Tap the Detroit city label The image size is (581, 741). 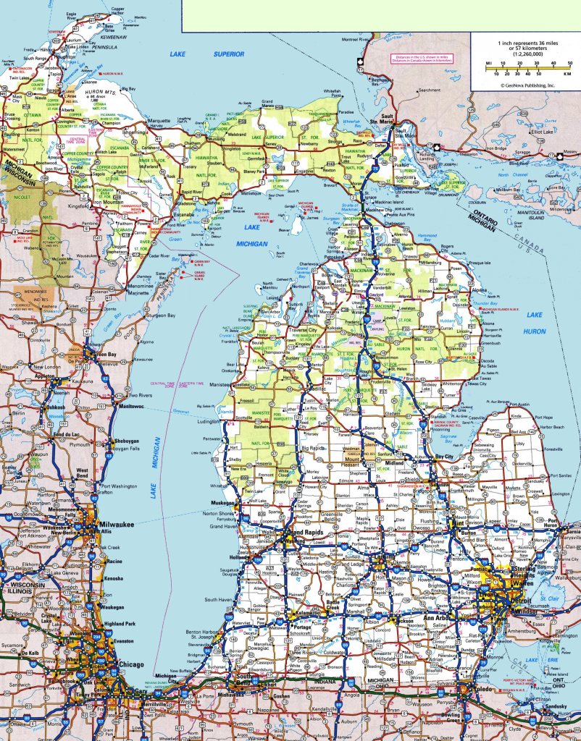(519, 601)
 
